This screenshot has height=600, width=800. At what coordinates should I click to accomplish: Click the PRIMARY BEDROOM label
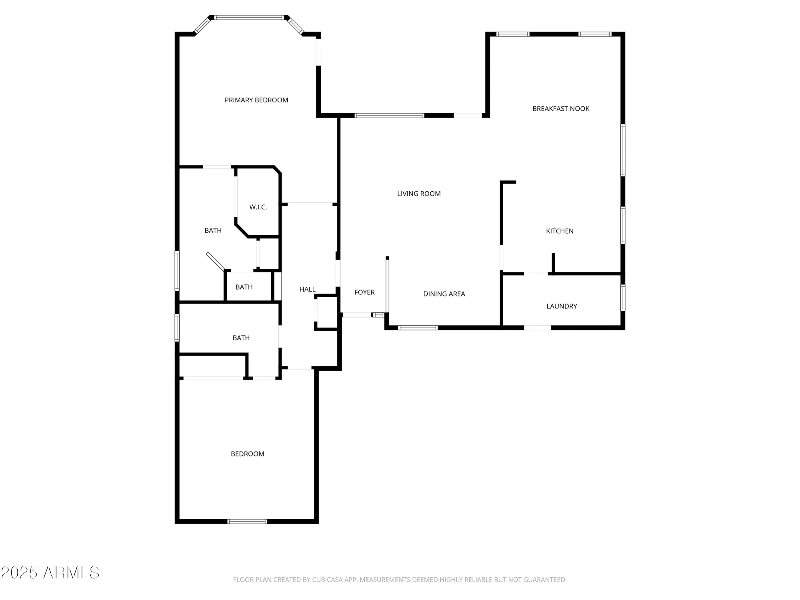(x=256, y=100)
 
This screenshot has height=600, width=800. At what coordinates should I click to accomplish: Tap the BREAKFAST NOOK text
(x=560, y=109)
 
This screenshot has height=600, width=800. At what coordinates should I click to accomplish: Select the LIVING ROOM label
(x=418, y=194)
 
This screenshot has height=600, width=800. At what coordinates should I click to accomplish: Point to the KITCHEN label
(x=559, y=231)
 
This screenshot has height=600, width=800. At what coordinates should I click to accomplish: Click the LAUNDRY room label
(x=561, y=306)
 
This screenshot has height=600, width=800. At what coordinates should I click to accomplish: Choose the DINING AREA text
(x=444, y=294)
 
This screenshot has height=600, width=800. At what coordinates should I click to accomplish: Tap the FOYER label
(x=364, y=292)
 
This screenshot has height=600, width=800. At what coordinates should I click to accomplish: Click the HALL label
(x=307, y=289)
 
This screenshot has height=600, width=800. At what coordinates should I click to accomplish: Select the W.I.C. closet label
(x=258, y=207)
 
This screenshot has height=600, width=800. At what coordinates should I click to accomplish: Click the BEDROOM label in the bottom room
(x=247, y=454)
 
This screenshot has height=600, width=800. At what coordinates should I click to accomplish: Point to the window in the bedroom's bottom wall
(x=247, y=521)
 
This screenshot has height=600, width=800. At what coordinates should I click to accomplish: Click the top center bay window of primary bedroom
(x=249, y=18)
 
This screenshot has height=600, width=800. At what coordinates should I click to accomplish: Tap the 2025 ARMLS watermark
(x=50, y=573)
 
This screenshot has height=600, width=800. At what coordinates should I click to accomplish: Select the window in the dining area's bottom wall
(x=418, y=328)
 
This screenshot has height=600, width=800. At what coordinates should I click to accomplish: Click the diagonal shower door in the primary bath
(x=215, y=261)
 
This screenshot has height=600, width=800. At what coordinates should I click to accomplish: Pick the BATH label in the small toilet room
(x=244, y=287)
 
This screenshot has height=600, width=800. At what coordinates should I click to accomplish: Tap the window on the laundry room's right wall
(x=622, y=298)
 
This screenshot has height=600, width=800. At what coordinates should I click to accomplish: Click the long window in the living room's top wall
(x=389, y=116)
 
